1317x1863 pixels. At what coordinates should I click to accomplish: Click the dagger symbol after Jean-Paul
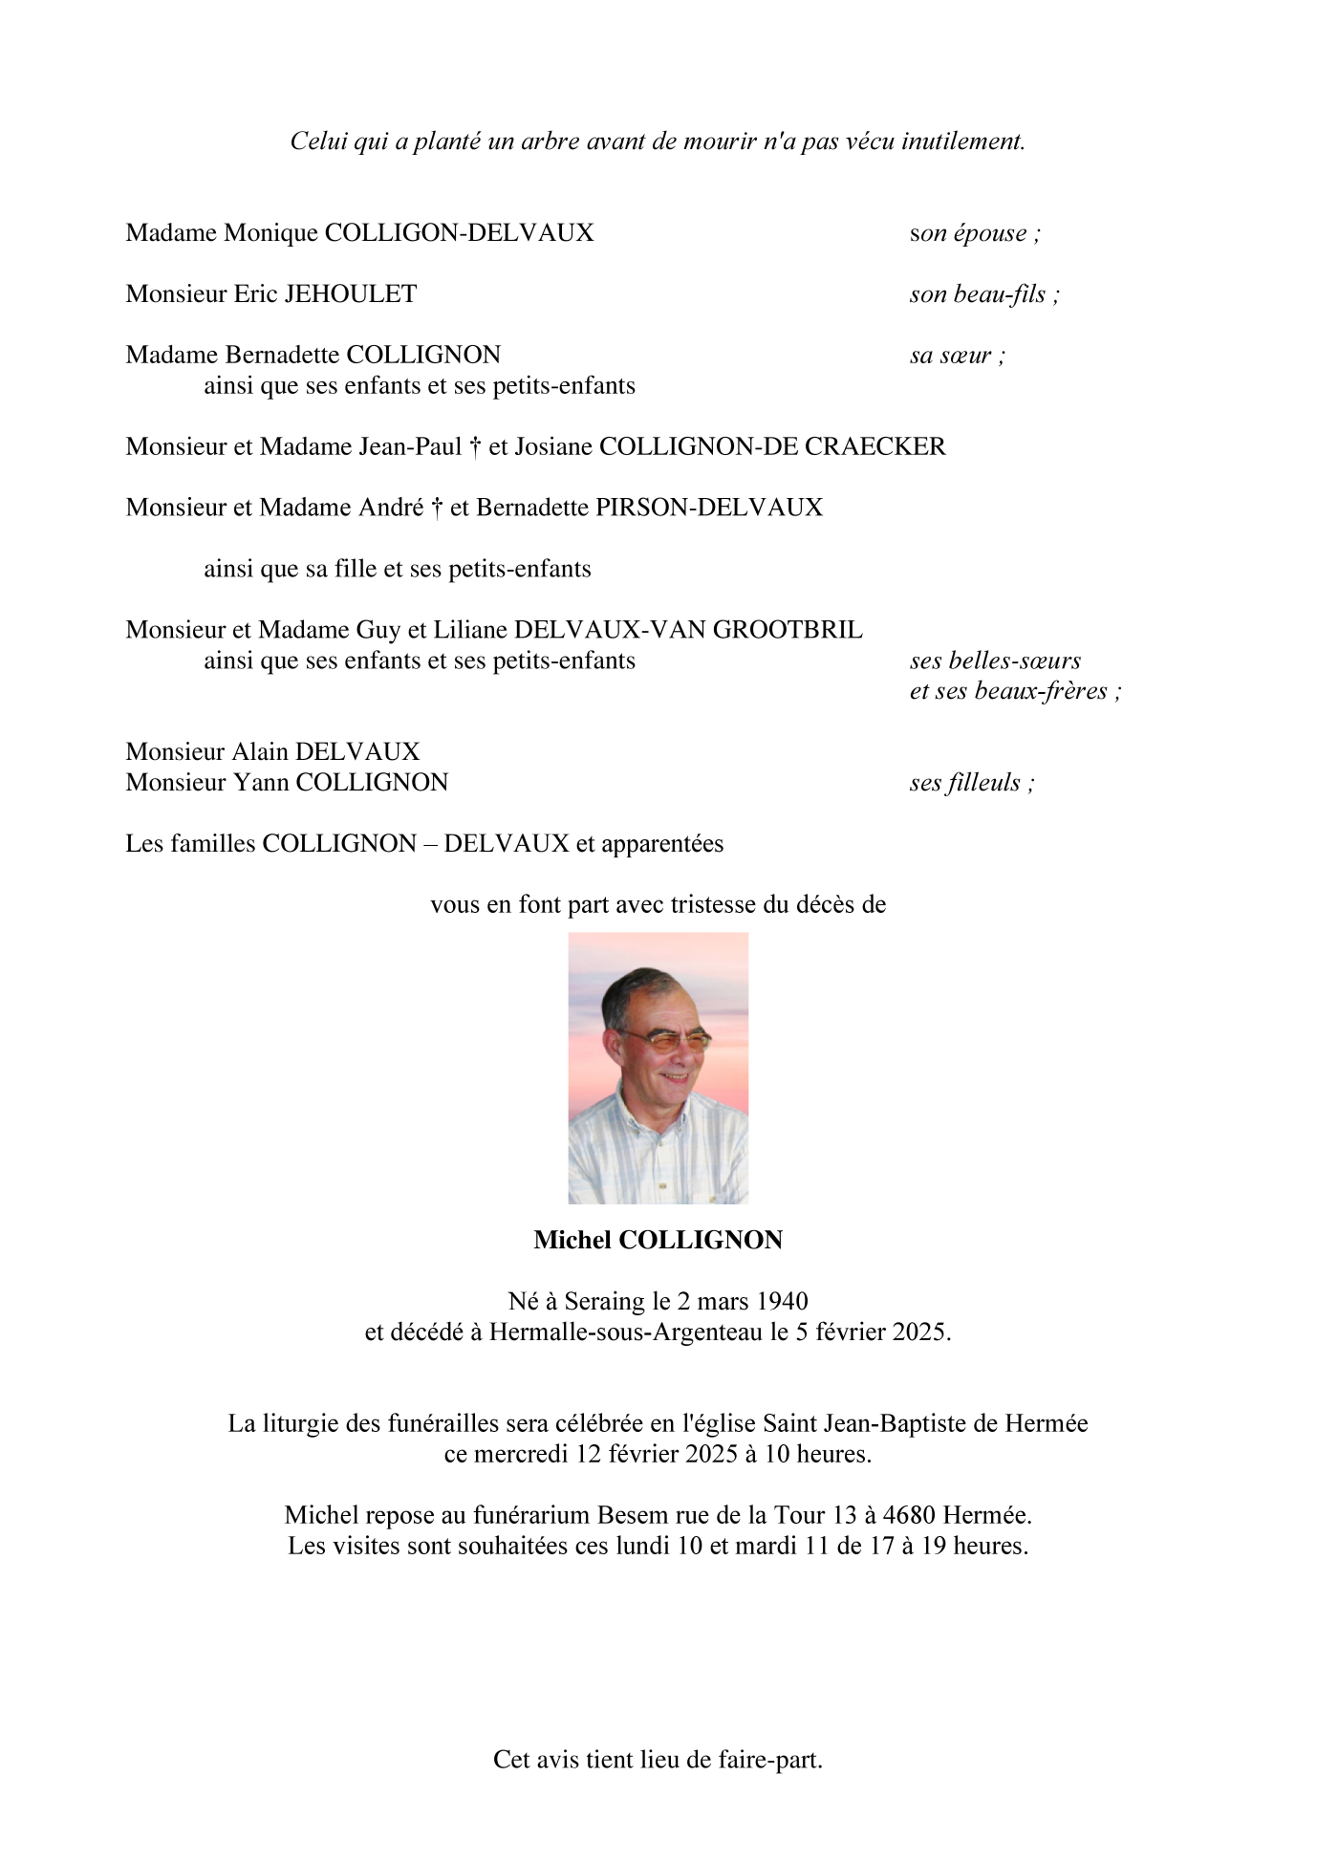coord(475,447)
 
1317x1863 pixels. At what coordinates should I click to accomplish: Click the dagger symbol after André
coord(437,509)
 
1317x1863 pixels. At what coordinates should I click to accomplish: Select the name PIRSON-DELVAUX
coord(708,508)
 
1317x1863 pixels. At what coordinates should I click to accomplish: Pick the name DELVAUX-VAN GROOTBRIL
coord(688,630)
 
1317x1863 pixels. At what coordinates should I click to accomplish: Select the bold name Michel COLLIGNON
coord(658,1241)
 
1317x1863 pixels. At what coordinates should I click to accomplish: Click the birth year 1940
coord(782,1302)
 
